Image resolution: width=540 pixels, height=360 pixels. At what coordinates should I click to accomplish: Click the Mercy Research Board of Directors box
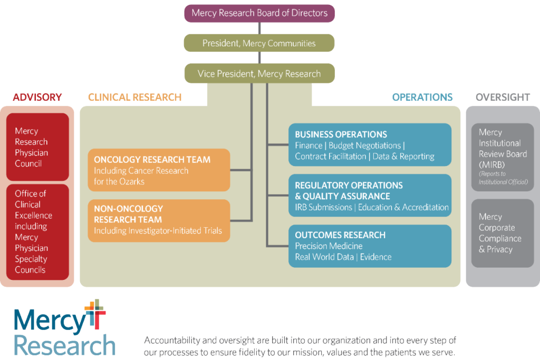point(259,13)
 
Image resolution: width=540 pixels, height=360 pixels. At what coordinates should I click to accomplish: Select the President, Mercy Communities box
point(259,43)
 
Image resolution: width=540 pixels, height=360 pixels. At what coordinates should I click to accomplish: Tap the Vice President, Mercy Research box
point(259,73)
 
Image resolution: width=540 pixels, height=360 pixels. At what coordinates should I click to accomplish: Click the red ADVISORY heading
point(37,98)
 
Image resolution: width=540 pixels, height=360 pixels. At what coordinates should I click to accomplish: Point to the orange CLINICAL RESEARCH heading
point(135,98)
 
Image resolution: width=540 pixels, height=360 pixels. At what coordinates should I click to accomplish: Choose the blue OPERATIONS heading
point(422,98)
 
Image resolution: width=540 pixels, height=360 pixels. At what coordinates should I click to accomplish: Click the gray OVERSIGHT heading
point(502,98)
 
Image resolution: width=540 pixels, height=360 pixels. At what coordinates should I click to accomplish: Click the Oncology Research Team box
point(159,170)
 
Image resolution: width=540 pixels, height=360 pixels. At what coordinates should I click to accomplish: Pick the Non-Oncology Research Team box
point(159,220)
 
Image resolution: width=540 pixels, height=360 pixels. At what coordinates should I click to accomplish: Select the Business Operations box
point(370,145)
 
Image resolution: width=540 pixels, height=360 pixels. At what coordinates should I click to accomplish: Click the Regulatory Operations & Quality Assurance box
point(370,196)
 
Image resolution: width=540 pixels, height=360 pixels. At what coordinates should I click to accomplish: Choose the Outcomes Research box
point(370,246)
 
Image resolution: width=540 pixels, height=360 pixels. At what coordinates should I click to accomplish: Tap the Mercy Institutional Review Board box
point(503,157)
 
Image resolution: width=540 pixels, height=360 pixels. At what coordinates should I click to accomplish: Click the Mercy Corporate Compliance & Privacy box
point(503,232)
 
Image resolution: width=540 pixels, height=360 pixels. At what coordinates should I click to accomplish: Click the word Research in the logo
point(64,345)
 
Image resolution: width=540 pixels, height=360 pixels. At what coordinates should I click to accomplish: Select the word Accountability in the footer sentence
point(175,340)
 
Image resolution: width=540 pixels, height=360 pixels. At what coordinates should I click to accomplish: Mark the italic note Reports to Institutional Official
point(503,178)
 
